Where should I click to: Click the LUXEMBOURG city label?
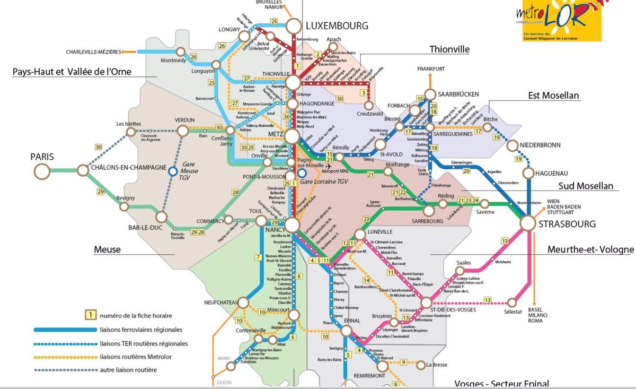click(x=337, y=25)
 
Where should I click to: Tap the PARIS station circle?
click(x=42, y=171)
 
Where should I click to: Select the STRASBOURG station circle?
click(x=527, y=223)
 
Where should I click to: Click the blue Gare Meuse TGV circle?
click(x=172, y=171)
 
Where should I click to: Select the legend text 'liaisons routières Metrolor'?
click(x=136, y=357)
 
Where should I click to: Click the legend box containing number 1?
click(x=91, y=315)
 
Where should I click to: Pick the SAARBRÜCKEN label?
click(x=458, y=94)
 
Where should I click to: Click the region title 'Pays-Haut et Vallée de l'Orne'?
click(x=72, y=72)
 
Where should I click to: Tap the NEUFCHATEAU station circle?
click(x=243, y=302)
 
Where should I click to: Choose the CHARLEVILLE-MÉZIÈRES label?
click(x=93, y=52)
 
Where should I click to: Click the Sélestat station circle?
click(x=513, y=302)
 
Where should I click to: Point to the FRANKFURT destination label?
click(x=430, y=69)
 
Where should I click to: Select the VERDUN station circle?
click(x=183, y=131)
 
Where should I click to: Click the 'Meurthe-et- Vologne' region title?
click(x=590, y=249)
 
